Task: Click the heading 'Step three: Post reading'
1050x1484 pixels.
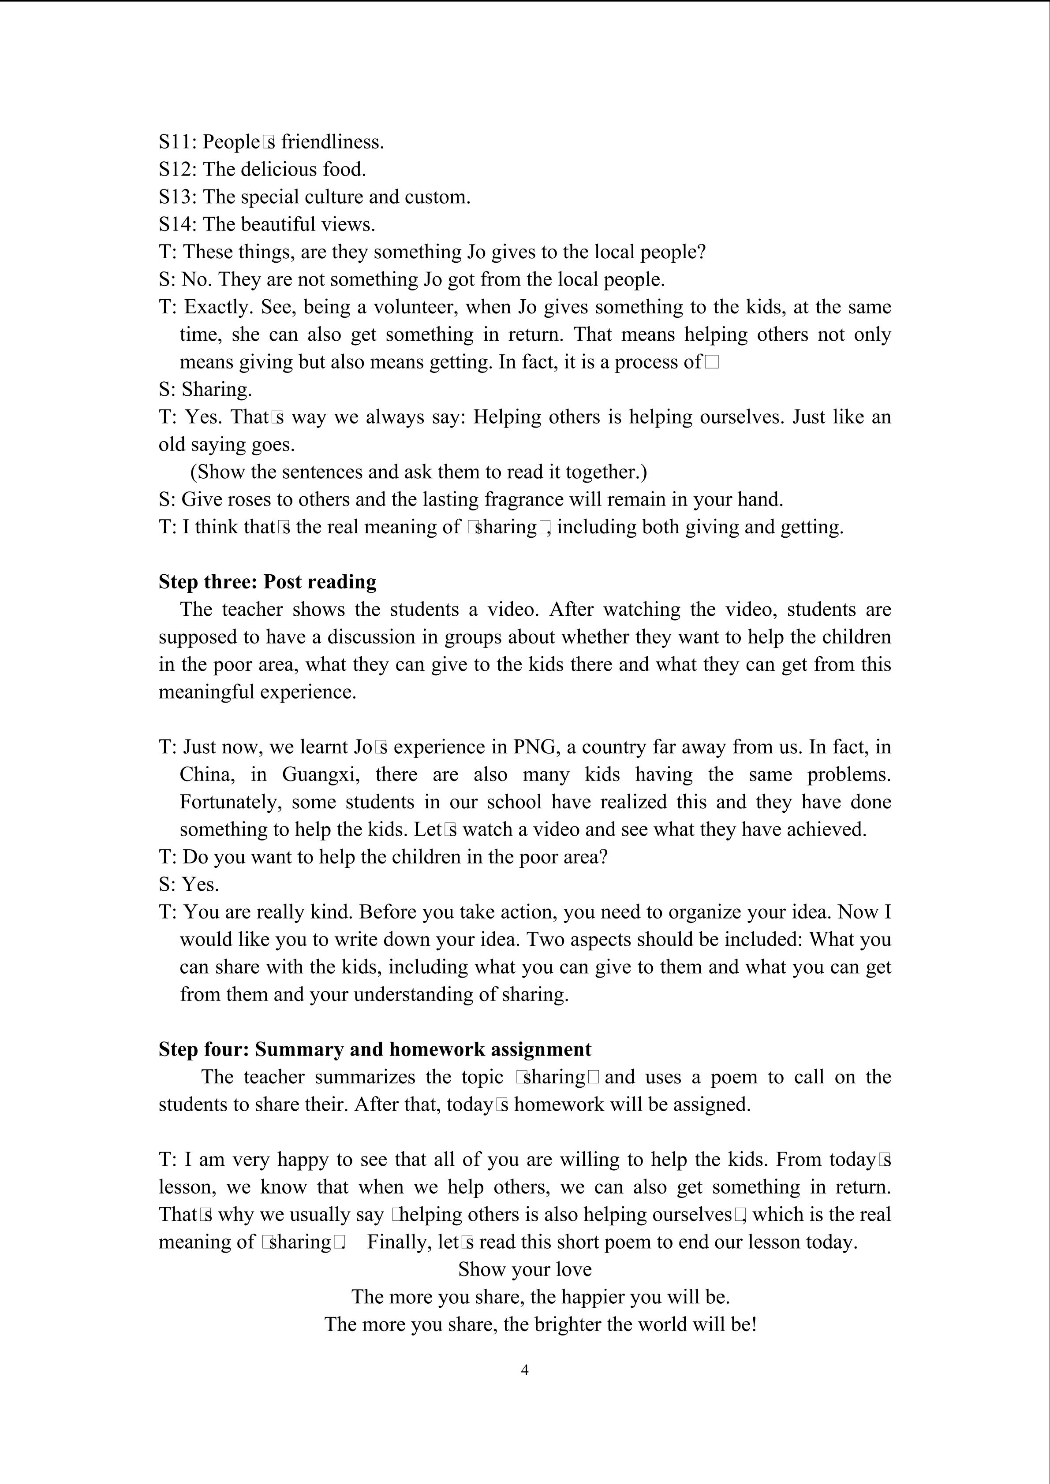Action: (267, 582)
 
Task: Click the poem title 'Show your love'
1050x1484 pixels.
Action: (524, 1269)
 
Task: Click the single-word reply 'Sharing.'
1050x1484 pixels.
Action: (217, 390)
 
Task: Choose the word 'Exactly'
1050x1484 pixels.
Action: (219, 307)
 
